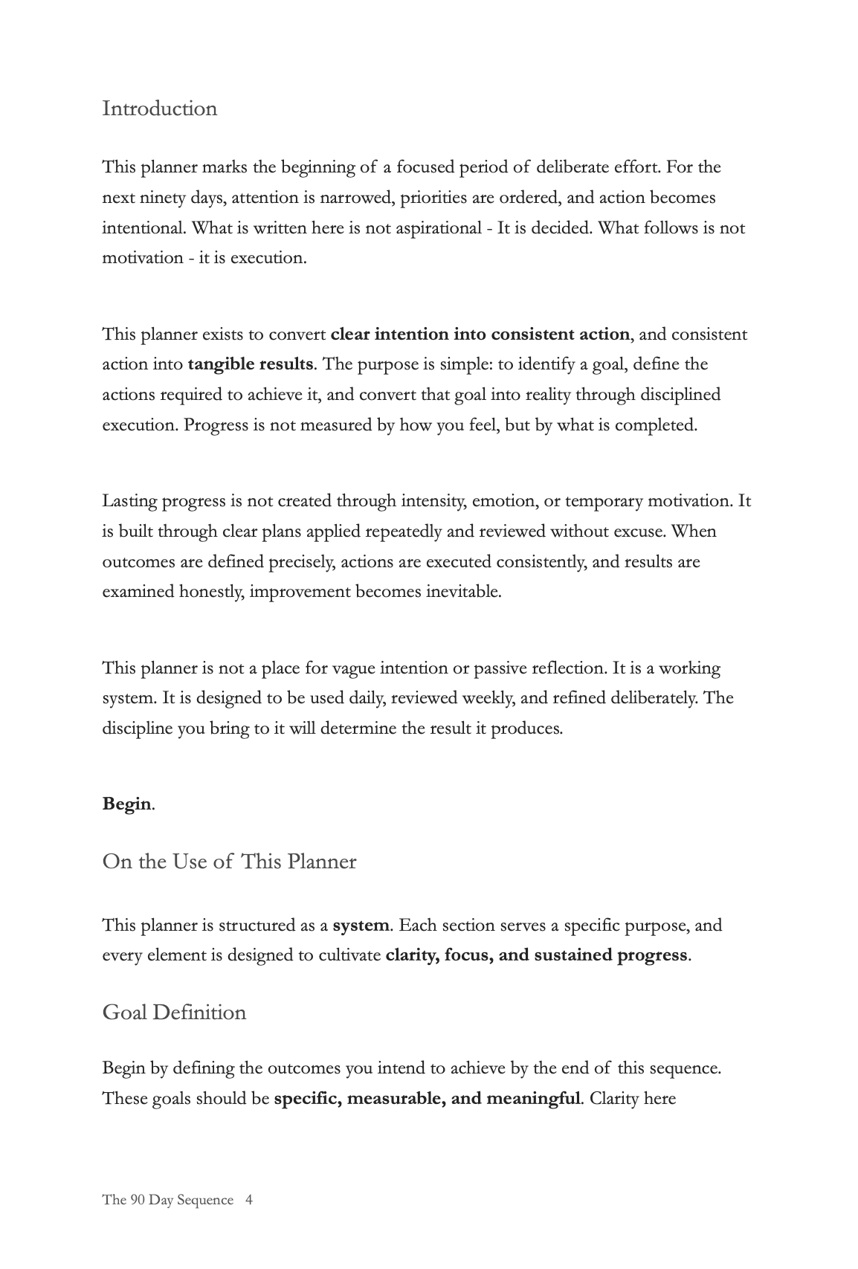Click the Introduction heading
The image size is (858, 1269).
click(x=160, y=109)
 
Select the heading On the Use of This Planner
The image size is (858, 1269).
click(x=229, y=862)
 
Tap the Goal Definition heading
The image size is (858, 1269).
click(x=174, y=1013)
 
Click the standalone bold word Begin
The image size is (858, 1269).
click(x=126, y=804)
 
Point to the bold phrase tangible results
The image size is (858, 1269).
click(x=251, y=364)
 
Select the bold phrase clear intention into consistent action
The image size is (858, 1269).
click(x=480, y=335)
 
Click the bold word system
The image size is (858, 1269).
click(x=361, y=926)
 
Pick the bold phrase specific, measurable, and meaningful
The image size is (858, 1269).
click(x=427, y=1099)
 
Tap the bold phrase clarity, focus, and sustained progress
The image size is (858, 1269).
click(x=536, y=955)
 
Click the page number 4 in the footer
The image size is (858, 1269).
click(x=248, y=1200)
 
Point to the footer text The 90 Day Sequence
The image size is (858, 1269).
click(x=167, y=1200)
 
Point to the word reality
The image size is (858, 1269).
click(x=544, y=395)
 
